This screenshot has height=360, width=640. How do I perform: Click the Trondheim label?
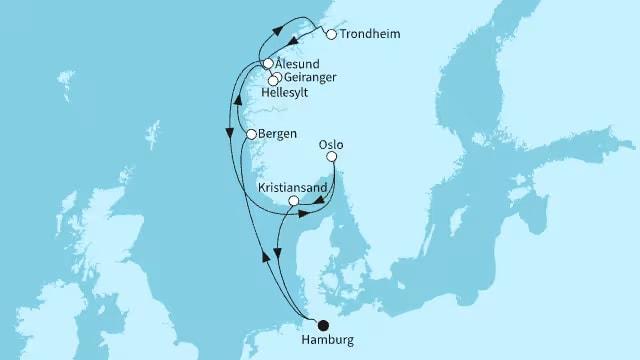click(372, 34)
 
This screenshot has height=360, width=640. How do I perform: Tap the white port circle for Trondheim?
click(331, 34)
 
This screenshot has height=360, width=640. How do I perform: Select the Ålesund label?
click(297, 63)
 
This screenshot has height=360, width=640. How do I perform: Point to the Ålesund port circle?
click(268, 63)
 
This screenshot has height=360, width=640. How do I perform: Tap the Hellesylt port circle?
click(272, 81)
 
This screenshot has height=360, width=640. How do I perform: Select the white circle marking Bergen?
click(252, 134)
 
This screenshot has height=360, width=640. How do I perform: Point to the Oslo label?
click(331, 144)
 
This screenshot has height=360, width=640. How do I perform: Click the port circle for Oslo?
click(332, 157)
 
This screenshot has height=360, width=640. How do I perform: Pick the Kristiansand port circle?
click(293, 201)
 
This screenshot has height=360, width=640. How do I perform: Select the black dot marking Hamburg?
click(322, 324)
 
